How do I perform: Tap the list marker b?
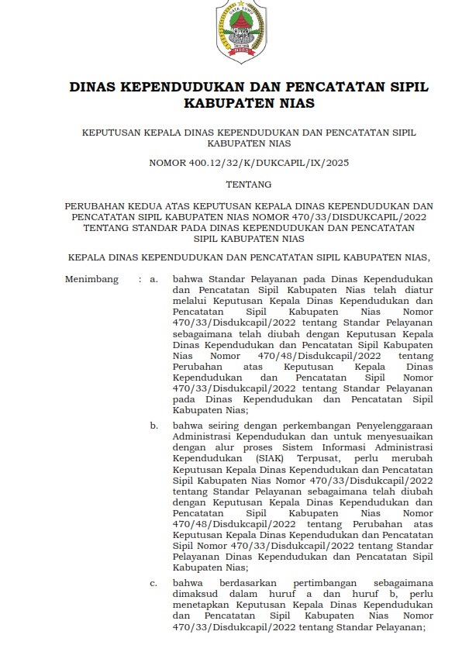coord(154,426)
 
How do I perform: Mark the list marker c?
coord(154,583)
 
